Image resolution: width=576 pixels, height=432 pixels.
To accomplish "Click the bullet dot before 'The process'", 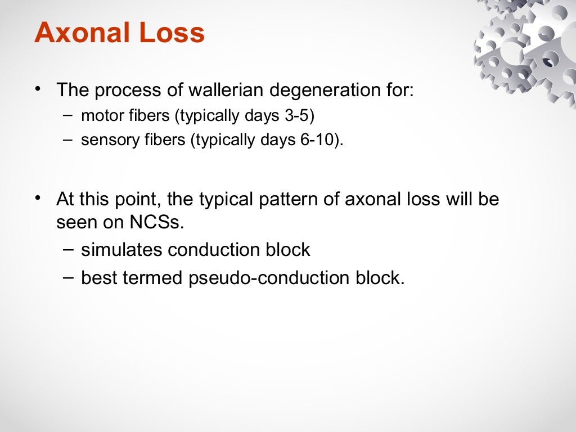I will (x=38, y=89).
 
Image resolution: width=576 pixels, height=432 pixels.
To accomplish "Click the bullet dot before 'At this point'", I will (x=38, y=199).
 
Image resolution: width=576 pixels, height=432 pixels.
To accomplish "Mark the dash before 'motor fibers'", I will (x=67, y=115).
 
